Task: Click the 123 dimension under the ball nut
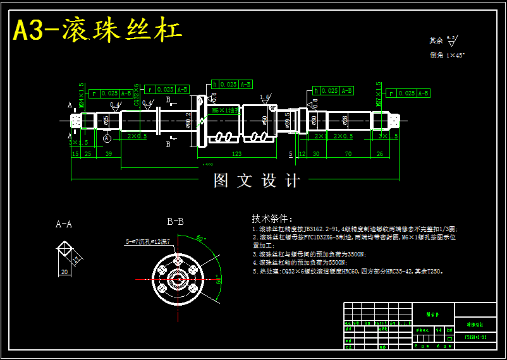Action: (237, 153)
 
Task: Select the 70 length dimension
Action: (348, 153)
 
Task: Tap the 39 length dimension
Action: (109, 153)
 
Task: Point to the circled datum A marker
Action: (107, 138)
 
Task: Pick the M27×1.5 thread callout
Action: (379, 94)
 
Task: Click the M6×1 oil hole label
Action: (225, 109)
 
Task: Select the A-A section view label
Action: (64, 224)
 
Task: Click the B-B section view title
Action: (175, 222)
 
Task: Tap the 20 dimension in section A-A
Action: (64, 272)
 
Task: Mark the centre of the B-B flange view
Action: (176, 279)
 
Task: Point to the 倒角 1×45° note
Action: (447, 56)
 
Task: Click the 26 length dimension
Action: (379, 153)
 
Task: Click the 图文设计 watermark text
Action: (257, 181)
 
